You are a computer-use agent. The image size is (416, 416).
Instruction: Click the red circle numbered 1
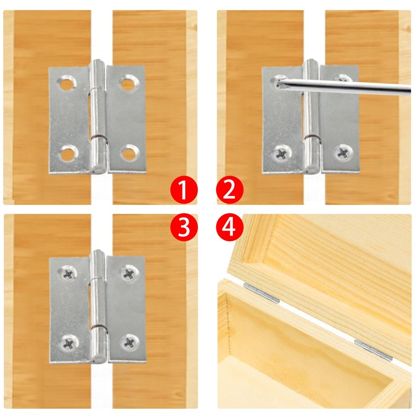point(183,190)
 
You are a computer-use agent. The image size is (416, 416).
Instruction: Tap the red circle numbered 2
point(230,190)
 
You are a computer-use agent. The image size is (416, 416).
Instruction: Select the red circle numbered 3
point(183,227)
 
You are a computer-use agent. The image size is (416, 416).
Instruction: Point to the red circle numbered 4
point(230,227)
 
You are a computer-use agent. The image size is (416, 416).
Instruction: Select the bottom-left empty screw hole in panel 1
point(68,152)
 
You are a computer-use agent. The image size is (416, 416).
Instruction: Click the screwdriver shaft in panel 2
point(354,85)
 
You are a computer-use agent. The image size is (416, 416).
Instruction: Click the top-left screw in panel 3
point(68,272)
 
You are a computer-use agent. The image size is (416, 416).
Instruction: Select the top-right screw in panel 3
point(127,272)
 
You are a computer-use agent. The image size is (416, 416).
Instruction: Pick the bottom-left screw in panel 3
point(68,342)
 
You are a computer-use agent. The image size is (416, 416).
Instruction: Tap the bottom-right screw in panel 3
point(127,342)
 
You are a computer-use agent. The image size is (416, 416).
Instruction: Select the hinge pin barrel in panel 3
point(97,307)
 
